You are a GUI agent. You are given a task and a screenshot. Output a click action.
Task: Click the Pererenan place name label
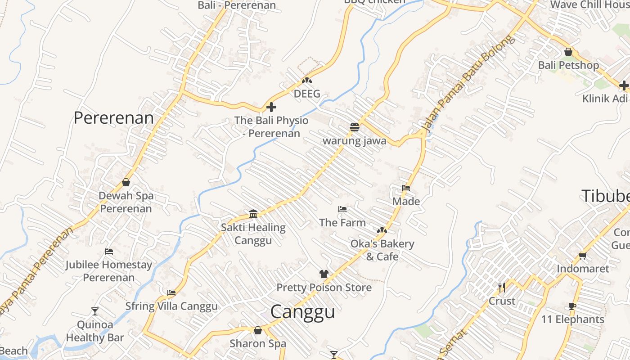pos(113,118)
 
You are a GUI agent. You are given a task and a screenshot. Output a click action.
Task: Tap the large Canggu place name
pos(302,312)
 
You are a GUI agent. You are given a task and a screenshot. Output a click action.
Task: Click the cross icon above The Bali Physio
pos(271,107)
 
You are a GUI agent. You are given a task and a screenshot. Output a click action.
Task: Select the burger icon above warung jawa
pos(355,127)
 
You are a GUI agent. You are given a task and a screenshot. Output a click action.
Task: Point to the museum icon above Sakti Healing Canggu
pos(253,214)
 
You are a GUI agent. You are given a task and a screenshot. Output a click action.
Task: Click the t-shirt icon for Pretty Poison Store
pos(324,274)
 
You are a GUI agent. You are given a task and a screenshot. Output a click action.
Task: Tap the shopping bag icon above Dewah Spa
pos(126,182)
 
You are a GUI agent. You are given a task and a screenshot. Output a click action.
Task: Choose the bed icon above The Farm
pos(342,209)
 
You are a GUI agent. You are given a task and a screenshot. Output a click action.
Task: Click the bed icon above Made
pos(406,188)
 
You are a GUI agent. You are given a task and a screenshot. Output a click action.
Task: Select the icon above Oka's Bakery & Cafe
pos(382,230)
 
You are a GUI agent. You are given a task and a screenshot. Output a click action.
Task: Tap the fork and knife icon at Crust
pos(502,287)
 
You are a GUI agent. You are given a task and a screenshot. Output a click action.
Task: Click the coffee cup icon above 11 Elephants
pos(572,306)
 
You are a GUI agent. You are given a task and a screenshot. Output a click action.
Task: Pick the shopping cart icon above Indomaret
pos(582,256)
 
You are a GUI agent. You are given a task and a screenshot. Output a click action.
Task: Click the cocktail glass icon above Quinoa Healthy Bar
pos(95,311)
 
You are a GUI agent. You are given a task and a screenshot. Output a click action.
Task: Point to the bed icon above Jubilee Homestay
pos(109,251)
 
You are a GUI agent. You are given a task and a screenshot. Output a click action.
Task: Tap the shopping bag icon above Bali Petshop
pos(568,52)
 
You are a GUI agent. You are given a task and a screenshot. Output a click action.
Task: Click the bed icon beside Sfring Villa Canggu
pos(171,292)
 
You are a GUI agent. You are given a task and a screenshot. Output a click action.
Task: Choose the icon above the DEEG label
pos(307,81)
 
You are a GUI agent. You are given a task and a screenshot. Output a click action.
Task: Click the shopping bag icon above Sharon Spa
pos(258,330)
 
